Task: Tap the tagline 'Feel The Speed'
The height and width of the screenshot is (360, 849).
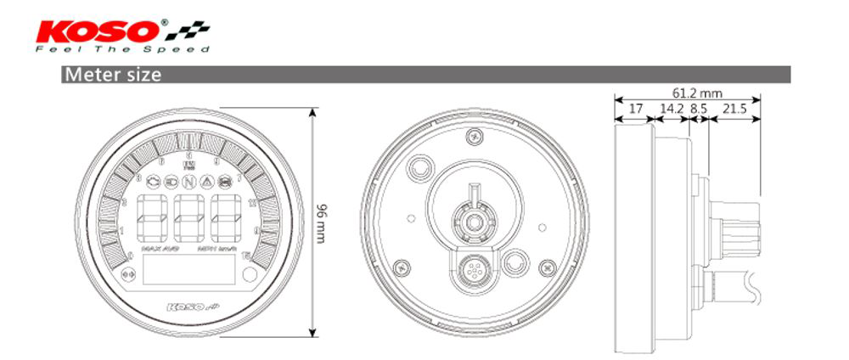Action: point(123,49)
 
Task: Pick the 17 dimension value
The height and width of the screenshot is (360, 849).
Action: point(635,109)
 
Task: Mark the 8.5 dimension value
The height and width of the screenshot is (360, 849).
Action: point(699,109)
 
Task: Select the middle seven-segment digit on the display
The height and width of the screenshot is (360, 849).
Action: point(188,218)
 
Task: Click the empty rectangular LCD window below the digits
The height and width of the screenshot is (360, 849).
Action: point(188,273)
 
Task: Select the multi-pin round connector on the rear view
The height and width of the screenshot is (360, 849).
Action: point(474,273)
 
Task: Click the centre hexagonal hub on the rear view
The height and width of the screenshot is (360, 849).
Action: point(474,223)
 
